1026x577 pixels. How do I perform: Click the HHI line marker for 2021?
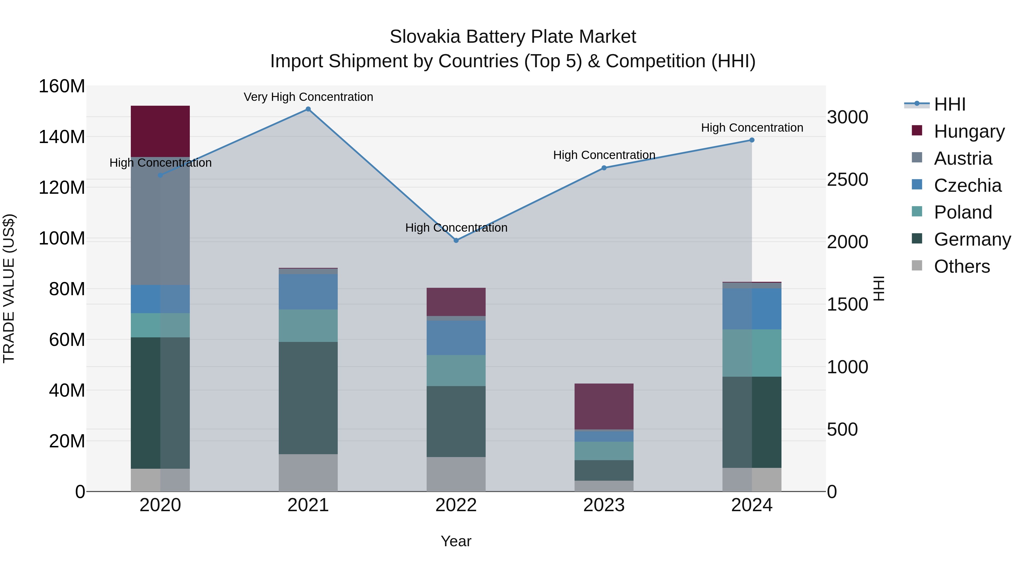(x=308, y=109)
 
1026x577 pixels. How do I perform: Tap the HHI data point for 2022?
(x=456, y=240)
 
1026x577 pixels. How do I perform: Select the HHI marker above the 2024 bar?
(x=752, y=140)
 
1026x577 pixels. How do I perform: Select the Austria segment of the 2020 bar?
(x=160, y=221)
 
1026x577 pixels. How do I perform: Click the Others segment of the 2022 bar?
(x=456, y=474)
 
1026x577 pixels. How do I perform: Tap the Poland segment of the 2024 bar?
(x=752, y=353)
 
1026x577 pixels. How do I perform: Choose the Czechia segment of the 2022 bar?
(x=456, y=338)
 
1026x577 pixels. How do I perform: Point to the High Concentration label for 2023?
(x=604, y=155)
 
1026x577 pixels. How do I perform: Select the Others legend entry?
(x=962, y=266)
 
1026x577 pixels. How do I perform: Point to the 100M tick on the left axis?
(x=62, y=238)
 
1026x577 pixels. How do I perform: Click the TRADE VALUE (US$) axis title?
(x=9, y=288)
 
